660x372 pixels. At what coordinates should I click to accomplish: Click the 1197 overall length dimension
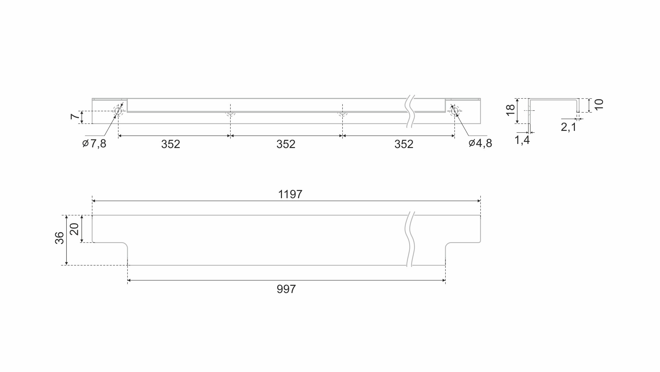[x=290, y=194]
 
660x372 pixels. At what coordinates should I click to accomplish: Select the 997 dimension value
[x=286, y=289]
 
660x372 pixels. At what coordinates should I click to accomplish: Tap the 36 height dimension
[x=59, y=238]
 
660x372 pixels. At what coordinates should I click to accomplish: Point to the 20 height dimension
[x=74, y=229]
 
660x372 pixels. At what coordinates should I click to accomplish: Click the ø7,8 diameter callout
[x=94, y=144]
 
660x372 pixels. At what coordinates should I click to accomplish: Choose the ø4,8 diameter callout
[x=480, y=143]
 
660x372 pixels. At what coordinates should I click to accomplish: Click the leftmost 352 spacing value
[x=170, y=144]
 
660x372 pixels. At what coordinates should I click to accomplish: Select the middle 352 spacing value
[x=286, y=144]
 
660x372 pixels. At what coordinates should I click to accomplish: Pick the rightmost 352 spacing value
[x=404, y=144]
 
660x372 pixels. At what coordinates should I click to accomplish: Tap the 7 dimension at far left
[x=75, y=117]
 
